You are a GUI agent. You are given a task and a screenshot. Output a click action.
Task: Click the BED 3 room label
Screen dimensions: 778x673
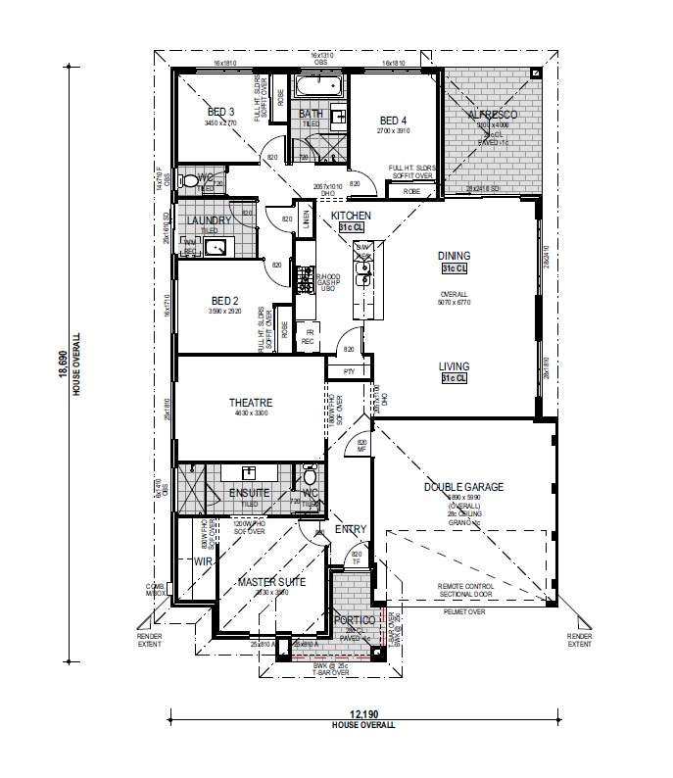click(x=220, y=112)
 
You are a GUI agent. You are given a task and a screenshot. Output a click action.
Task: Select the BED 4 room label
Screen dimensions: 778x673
click(x=393, y=120)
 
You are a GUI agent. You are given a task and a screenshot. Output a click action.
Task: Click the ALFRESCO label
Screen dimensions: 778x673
click(x=492, y=116)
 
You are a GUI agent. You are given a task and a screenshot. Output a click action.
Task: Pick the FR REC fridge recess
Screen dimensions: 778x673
click(x=308, y=335)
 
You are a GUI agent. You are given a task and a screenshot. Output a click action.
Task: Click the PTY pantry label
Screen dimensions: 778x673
click(x=348, y=371)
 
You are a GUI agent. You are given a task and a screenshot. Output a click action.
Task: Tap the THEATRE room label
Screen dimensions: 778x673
click(x=250, y=403)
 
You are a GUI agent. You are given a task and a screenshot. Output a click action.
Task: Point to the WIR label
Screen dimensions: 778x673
click(x=203, y=561)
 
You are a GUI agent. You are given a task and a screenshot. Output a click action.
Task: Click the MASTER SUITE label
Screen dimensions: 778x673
click(x=271, y=582)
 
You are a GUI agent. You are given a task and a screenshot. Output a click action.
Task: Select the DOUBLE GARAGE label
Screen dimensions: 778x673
click(x=463, y=486)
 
